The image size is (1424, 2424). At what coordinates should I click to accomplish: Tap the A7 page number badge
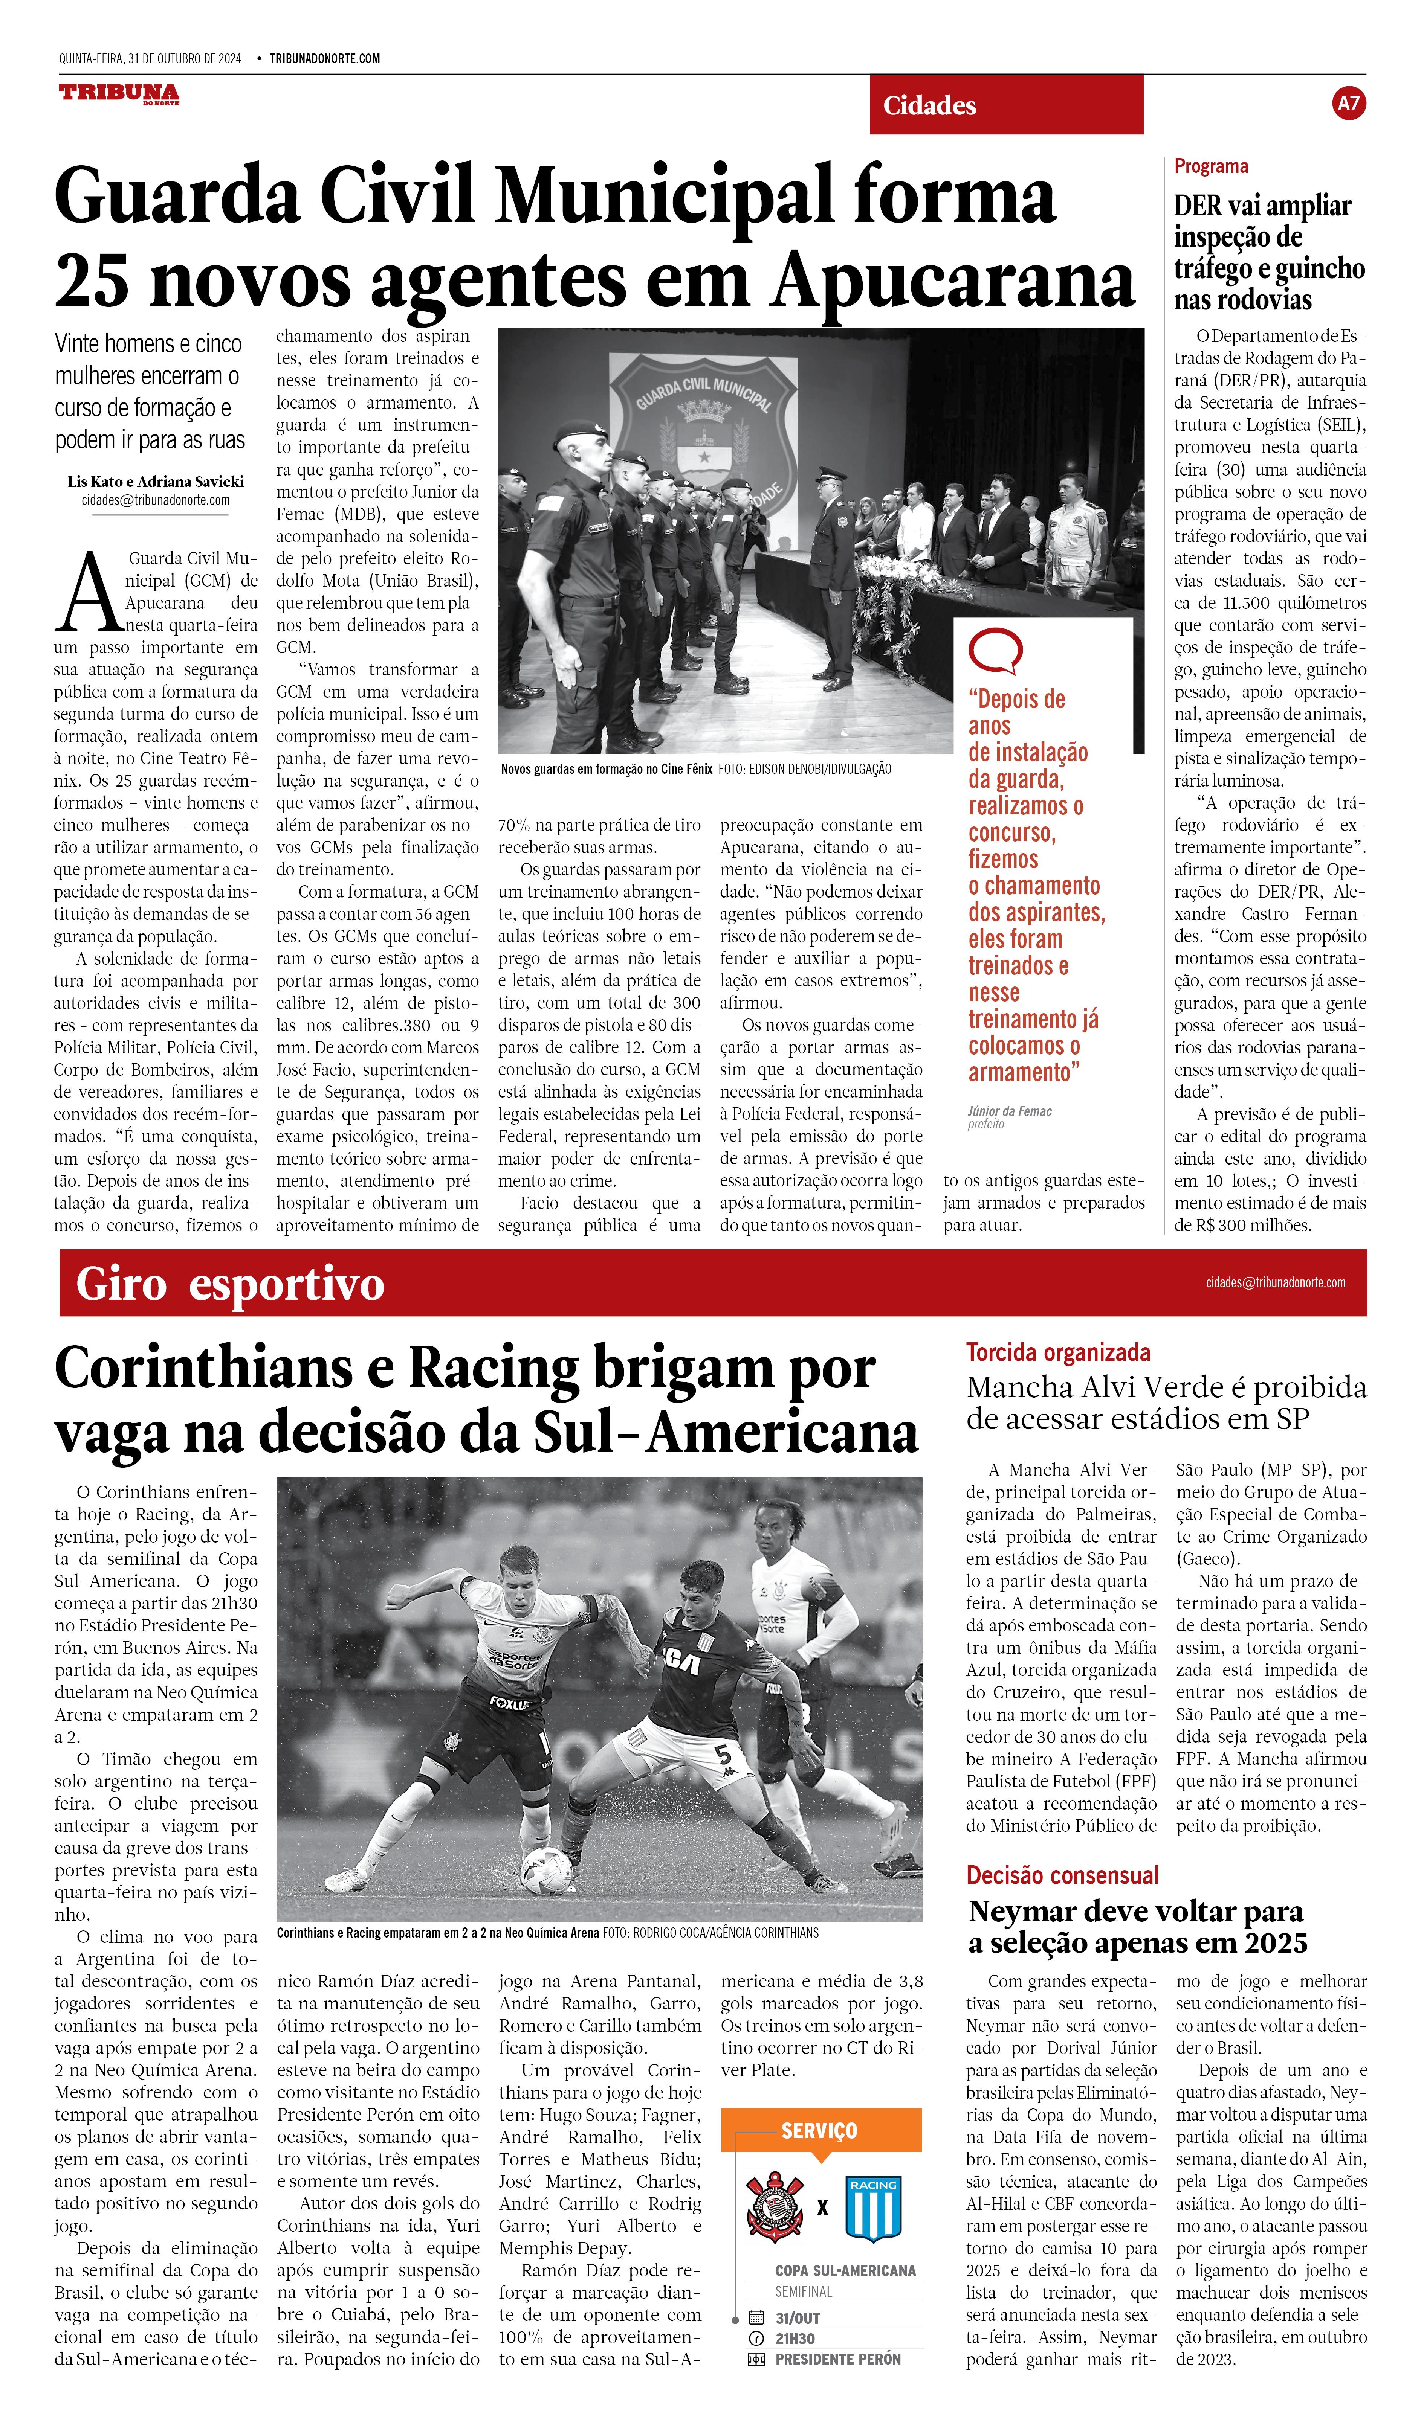pos(1349,103)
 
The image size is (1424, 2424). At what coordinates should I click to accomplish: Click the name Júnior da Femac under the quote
pos(1009,1111)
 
